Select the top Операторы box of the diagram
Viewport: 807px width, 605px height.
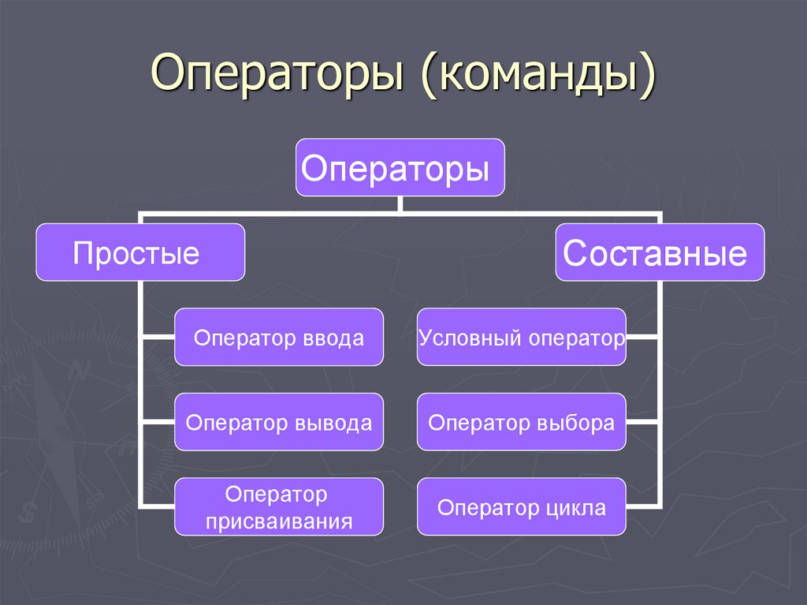coord(400,167)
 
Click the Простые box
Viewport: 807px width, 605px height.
coord(140,252)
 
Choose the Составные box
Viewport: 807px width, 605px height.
coord(660,252)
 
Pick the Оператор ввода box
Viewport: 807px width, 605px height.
coord(279,338)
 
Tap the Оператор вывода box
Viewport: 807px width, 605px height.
coord(279,422)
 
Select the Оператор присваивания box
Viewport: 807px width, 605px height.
coord(279,507)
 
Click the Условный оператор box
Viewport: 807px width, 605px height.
coord(522,338)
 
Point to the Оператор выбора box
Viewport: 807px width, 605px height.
coord(522,422)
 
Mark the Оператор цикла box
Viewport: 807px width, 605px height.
coord(522,507)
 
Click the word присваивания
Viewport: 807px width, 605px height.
coord(278,521)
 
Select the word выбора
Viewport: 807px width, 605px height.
coord(578,423)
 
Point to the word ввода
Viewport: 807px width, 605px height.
coord(333,338)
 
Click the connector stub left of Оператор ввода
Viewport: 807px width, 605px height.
coord(158,338)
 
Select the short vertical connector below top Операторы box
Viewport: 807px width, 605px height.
coord(400,204)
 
